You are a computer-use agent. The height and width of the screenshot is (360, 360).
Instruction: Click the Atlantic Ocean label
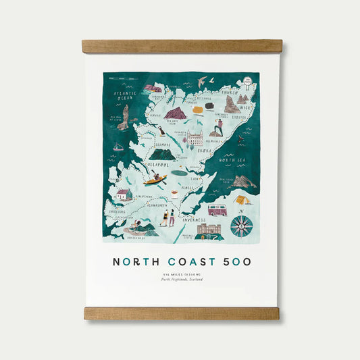124,96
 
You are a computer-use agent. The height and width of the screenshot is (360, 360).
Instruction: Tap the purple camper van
217,210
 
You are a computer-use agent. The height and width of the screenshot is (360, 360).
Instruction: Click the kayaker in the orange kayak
159,179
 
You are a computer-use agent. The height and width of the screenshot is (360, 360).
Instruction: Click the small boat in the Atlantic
119,147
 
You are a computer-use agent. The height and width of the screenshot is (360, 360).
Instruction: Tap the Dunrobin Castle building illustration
195,138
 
